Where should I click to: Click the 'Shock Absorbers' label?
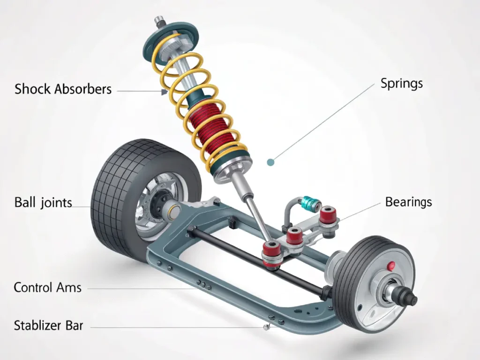click(63, 89)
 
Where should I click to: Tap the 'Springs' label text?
click(401, 84)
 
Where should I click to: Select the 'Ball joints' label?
click(43, 203)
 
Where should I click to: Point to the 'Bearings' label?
click(408, 202)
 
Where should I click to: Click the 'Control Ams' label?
click(47, 287)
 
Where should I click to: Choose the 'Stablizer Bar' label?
click(48, 325)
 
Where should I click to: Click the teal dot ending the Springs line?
click(270, 162)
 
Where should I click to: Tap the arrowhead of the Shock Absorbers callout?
click(164, 92)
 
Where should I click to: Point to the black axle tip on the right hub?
click(410, 298)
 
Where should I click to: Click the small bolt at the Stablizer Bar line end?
click(267, 327)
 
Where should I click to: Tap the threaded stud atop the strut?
click(159, 21)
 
